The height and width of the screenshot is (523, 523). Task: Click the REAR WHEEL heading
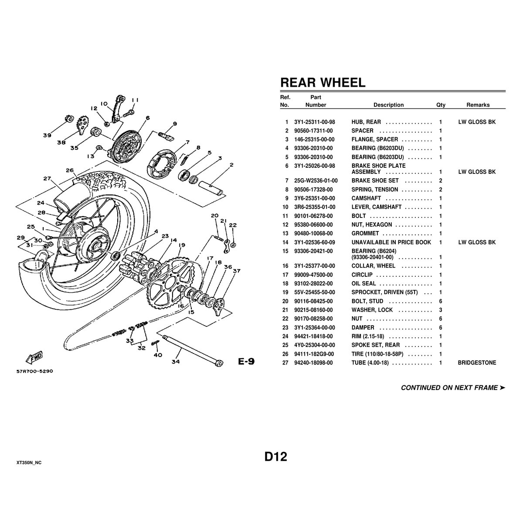point(323,82)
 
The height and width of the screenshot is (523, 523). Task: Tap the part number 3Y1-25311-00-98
point(315,122)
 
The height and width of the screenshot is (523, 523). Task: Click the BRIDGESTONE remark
point(477,363)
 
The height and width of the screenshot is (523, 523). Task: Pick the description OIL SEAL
point(363,284)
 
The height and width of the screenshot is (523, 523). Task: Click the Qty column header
point(441,105)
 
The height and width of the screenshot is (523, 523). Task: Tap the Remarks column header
point(478,105)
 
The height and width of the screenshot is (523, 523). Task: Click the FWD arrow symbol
point(34,357)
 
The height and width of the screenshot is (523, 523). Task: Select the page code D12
point(276,456)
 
